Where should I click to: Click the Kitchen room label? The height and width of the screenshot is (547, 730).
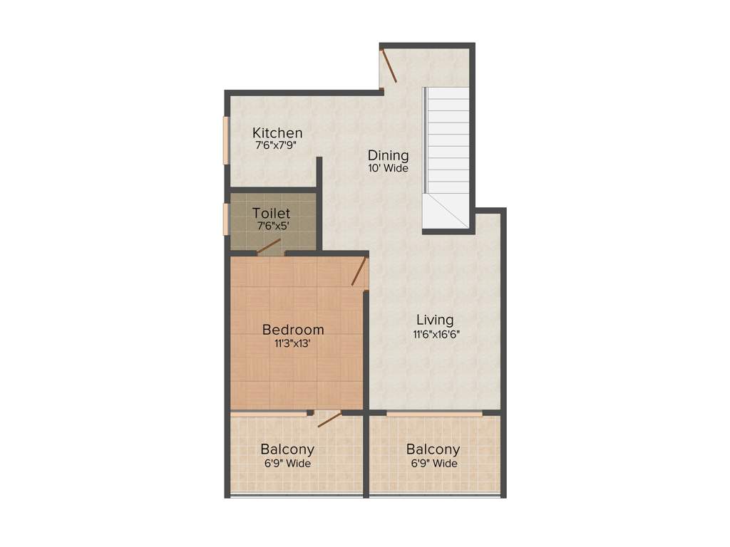coord(277,133)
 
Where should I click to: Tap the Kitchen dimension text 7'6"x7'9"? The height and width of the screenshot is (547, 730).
coord(276,145)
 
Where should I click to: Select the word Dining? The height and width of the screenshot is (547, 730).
coord(388,155)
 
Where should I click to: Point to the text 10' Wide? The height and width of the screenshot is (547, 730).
coord(388,169)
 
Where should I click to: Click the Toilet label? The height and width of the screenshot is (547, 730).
coord(271,213)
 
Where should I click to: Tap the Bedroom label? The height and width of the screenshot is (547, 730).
coord(293,330)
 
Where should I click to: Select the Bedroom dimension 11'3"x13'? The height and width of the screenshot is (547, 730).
coord(293,343)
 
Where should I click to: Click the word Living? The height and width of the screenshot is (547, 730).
coord(435,321)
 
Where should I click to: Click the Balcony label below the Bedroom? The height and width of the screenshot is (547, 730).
coord(287,449)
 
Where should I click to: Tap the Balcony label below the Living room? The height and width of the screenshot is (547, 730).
coord(433,449)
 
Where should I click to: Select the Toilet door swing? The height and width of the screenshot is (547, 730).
coord(268,246)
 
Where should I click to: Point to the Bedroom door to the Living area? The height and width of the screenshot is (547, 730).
coord(359,271)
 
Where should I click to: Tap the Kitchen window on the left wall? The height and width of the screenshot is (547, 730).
coord(225,140)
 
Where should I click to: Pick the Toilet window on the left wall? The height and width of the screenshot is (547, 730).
coord(225,219)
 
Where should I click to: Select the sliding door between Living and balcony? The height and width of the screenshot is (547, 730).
coord(434,413)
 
